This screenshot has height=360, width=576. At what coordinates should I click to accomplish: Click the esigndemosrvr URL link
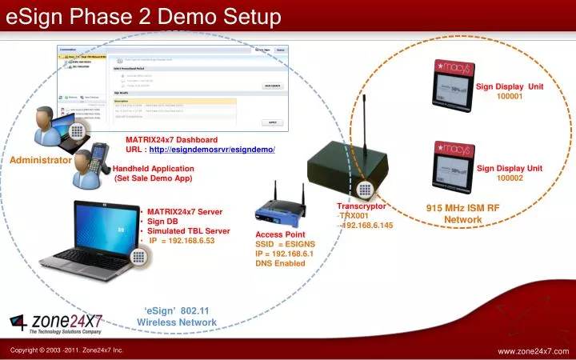point(212,150)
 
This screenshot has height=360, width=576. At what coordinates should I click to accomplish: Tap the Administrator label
point(41,160)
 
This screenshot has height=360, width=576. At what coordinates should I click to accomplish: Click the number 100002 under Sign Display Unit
point(510,178)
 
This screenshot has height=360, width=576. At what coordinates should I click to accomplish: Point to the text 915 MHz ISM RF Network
point(462,214)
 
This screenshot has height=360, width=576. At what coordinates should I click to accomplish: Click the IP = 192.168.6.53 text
point(182,240)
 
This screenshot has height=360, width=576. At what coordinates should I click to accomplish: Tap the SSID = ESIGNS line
point(285,244)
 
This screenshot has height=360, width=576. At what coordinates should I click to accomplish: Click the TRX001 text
point(354,216)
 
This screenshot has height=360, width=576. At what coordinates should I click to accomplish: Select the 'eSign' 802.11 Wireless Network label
point(177,316)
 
